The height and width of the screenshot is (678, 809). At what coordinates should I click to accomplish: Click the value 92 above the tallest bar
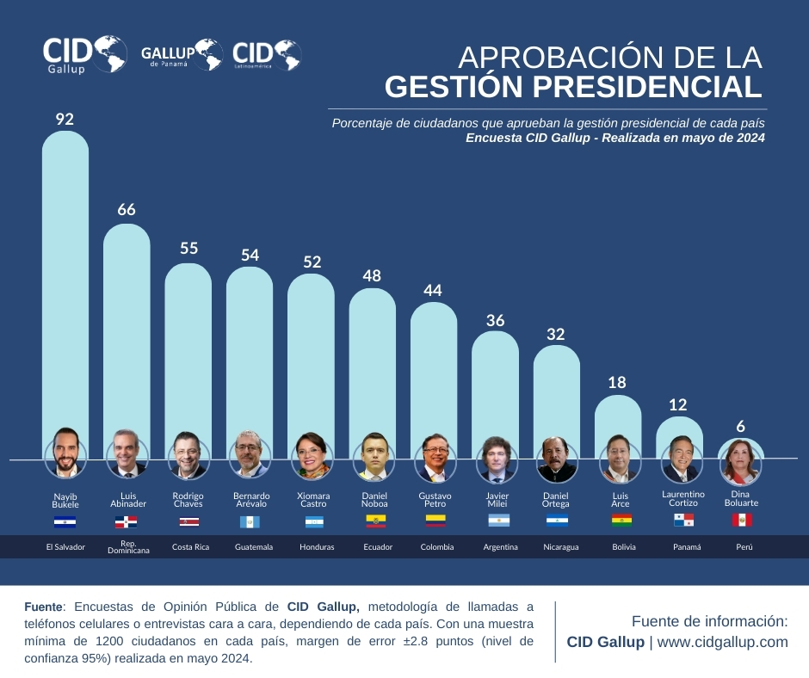click(65, 119)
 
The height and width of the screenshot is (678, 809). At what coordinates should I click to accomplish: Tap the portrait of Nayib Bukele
click(65, 453)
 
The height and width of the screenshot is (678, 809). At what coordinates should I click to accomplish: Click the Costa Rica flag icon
click(188, 521)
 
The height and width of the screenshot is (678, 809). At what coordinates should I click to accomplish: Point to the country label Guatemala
click(253, 546)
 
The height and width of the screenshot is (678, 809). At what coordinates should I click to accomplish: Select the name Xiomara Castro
click(312, 500)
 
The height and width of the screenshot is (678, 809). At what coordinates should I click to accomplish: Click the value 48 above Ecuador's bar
click(372, 275)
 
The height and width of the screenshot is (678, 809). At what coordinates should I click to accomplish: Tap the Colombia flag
click(435, 521)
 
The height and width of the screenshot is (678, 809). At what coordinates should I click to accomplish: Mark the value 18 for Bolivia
click(617, 382)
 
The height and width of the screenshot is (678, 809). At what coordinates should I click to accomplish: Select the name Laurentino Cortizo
click(683, 498)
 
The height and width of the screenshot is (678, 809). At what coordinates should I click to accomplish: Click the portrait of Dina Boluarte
click(740, 462)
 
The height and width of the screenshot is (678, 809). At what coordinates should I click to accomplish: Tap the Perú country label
click(741, 546)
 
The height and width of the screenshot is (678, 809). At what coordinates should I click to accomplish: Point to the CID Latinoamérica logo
click(267, 55)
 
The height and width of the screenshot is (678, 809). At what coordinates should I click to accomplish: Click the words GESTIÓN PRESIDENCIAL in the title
click(572, 86)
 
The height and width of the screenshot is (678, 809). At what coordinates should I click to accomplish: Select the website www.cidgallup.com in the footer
click(723, 642)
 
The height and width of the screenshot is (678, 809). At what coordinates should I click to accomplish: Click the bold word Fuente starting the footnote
click(44, 607)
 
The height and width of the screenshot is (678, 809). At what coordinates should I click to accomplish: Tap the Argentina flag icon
click(498, 521)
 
